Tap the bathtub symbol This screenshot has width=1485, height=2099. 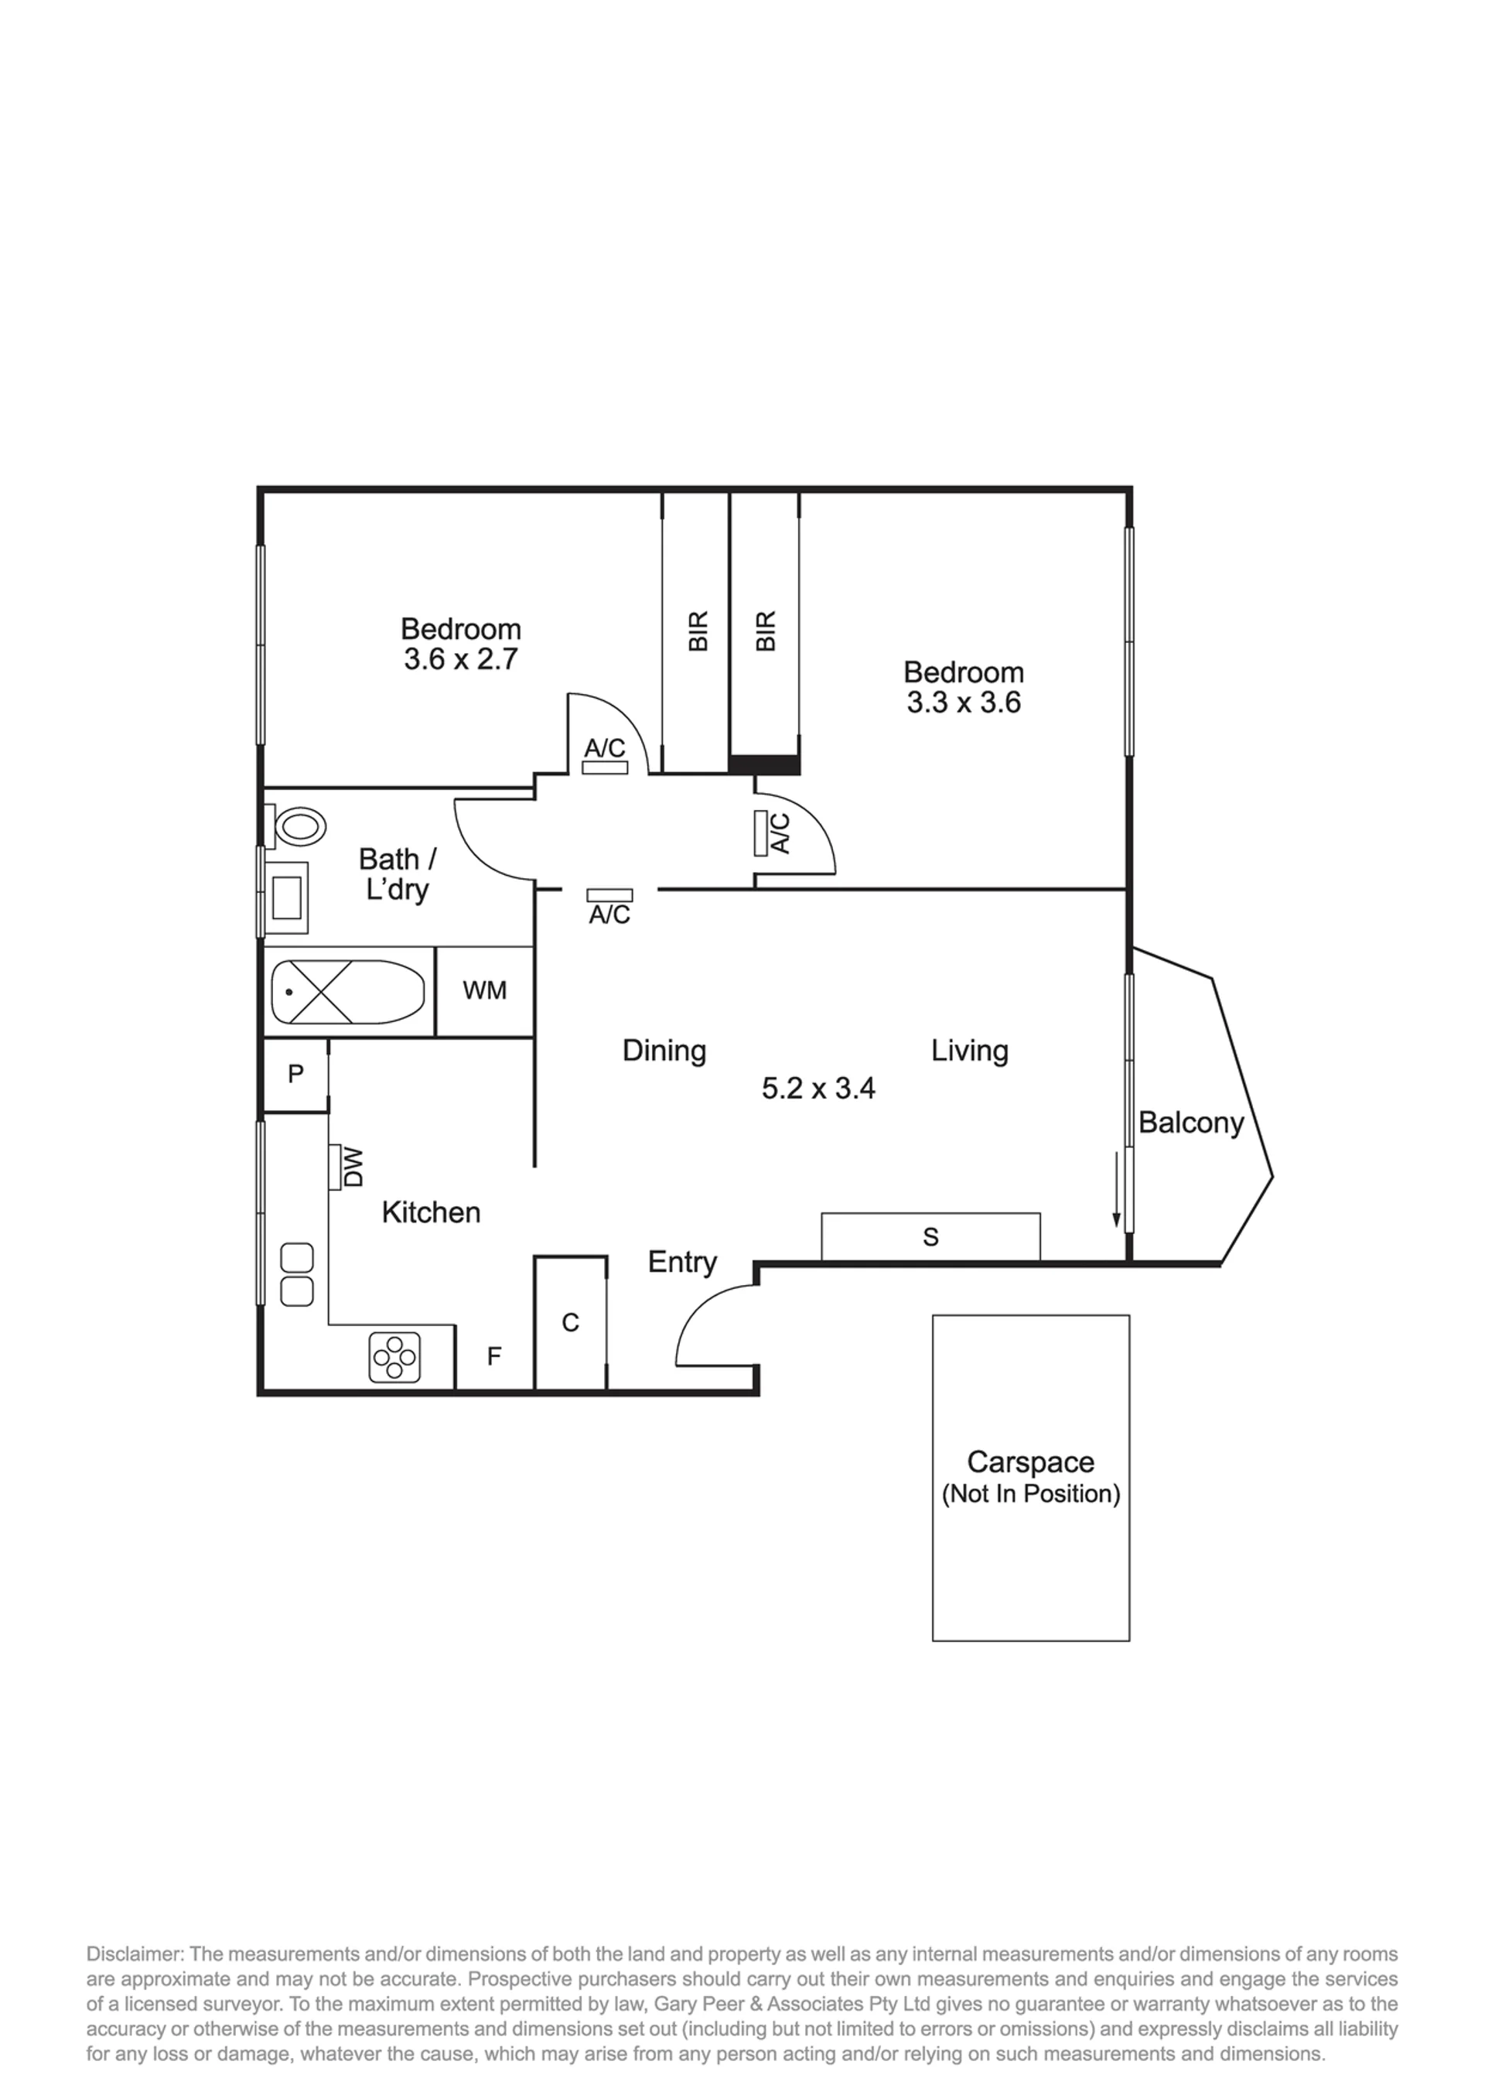(348, 993)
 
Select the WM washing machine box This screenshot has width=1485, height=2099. (485, 991)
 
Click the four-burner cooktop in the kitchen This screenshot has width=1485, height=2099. (395, 1357)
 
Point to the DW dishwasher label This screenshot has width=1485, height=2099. (353, 1167)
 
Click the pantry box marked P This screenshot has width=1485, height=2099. (295, 1075)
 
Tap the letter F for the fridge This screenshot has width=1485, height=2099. (493, 1356)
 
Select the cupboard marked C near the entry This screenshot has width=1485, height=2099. (571, 1322)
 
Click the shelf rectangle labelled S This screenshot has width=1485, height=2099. (931, 1236)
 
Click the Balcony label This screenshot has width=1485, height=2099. (1190, 1123)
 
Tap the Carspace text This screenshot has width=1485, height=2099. (1030, 1461)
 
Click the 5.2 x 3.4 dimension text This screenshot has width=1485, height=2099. (818, 1088)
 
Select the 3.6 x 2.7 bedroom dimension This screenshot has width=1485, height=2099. (461, 658)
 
